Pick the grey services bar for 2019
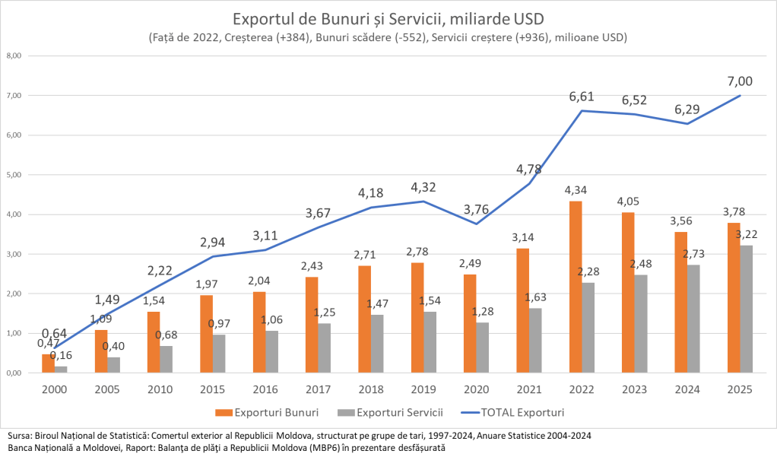tap(432, 342)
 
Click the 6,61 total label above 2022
tap(582, 97)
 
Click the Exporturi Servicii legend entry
tap(395, 412)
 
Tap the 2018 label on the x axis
tap(372, 390)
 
